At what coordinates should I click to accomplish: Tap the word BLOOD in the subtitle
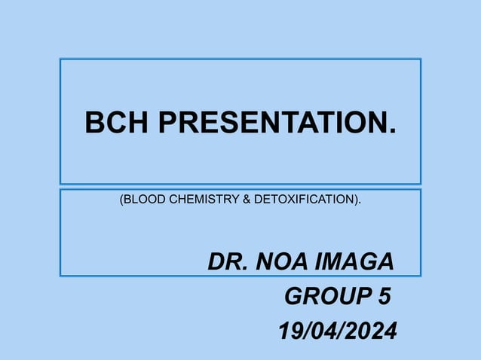(x=144, y=200)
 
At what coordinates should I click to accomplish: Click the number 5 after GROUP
(x=384, y=297)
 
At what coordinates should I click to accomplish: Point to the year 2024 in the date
(x=369, y=330)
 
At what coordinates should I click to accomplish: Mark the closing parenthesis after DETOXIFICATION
(x=356, y=200)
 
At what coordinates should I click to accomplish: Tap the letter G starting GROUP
(x=293, y=297)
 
